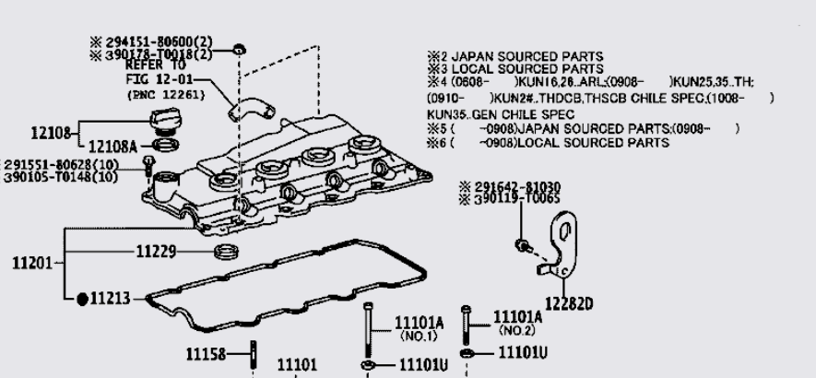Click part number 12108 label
click(x=51, y=133)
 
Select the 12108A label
click(x=112, y=145)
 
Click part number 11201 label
click(x=31, y=264)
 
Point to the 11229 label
click(x=156, y=251)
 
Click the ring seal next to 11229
click(x=224, y=253)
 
